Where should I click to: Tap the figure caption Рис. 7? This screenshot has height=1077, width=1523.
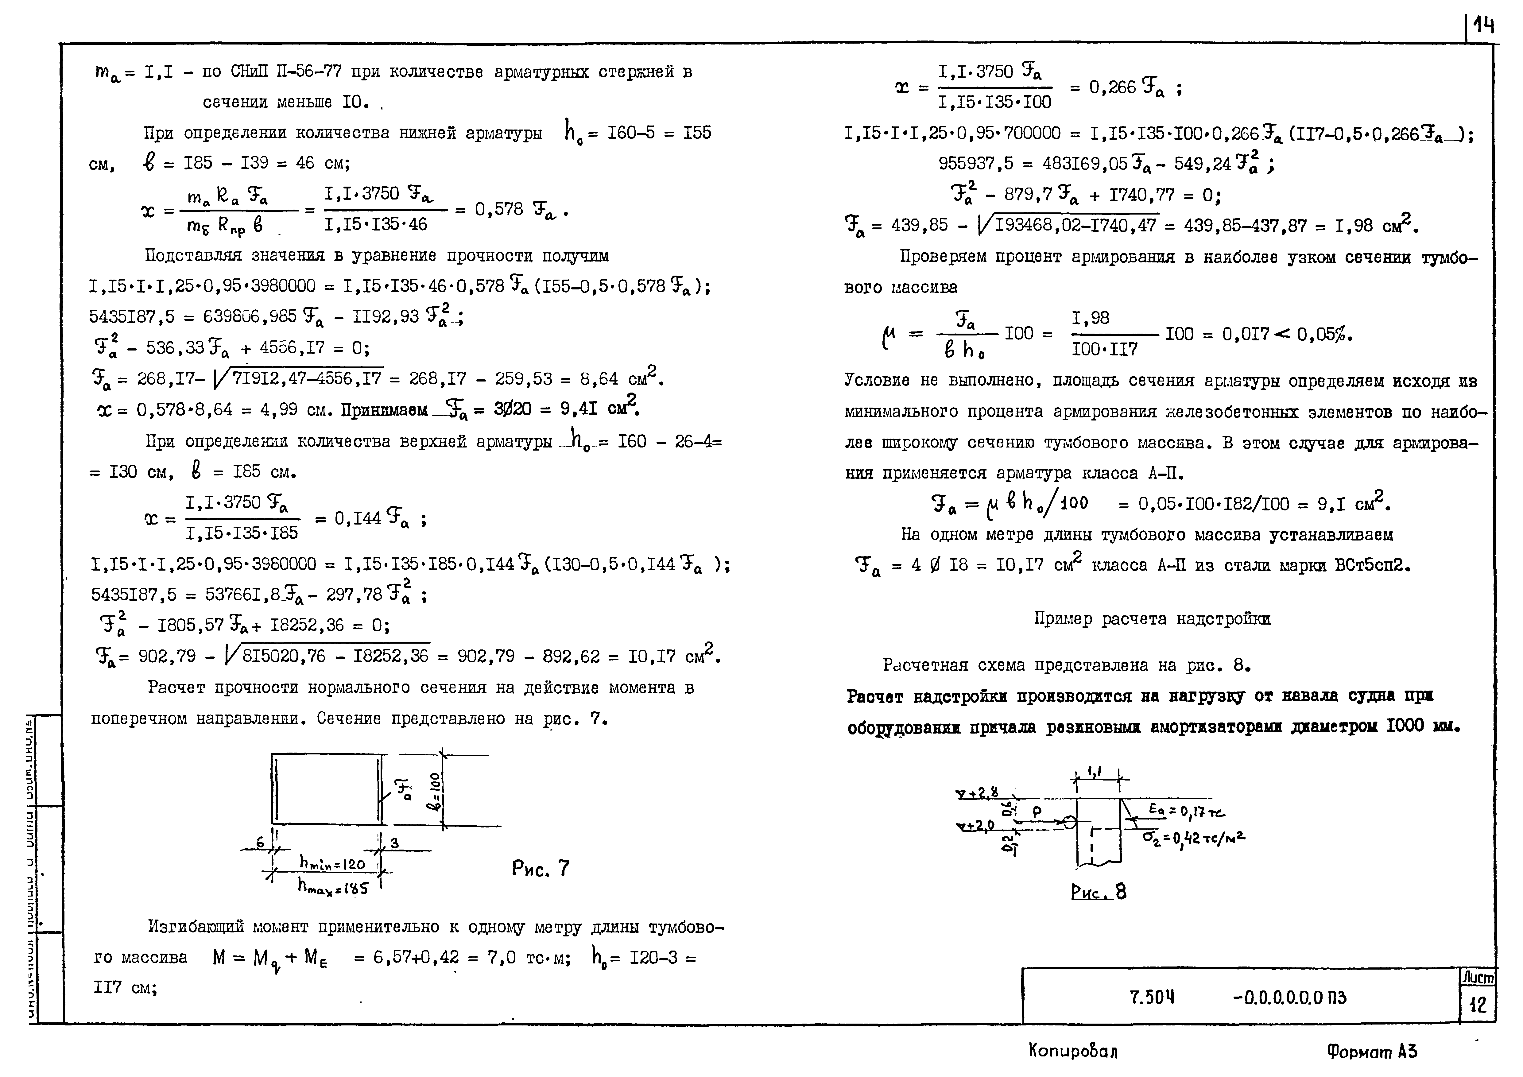[x=541, y=868]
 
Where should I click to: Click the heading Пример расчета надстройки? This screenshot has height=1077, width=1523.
[x=1152, y=619]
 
